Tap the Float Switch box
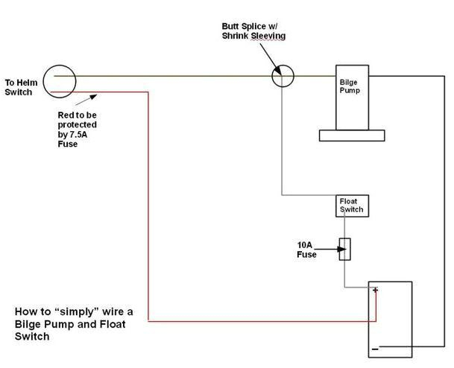click(x=351, y=206)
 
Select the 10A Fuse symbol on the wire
click(x=344, y=248)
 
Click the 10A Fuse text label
click(x=306, y=249)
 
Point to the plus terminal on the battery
click(x=375, y=290)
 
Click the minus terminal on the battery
click(x=375, y=348)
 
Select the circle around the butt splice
click(x=283, y=75)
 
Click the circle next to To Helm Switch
click(x=59, y=80)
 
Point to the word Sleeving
click(x=270, y=36)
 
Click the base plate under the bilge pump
click(x=351, y=136)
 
